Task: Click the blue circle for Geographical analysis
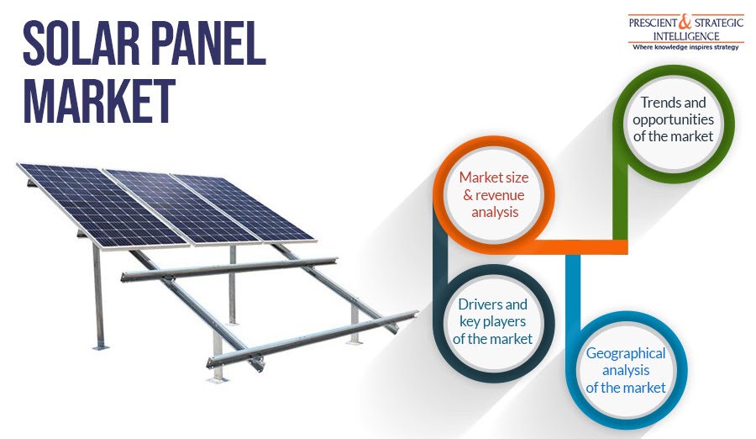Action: pyautogui.click(x=626, y=371)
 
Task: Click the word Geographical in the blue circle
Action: pyautogui.click(x=626, y=354)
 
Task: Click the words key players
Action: pyautogui.click(x=493, y=321)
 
